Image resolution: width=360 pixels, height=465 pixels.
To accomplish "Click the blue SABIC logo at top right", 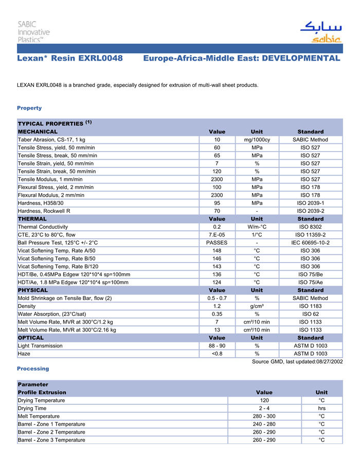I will pos(320,31).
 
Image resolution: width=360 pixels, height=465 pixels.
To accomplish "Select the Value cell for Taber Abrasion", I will pos(217,140).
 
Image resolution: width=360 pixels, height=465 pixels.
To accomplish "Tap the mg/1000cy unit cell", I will pos(257,140).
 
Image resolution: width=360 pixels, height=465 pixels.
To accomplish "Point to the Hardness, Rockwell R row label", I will pos(44,211).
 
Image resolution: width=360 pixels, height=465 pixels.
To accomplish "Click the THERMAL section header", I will pos(32,219).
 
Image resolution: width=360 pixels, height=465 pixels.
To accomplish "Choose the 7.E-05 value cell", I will pos(217,235).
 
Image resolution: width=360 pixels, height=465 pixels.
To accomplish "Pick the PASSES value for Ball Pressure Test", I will pos(217,243).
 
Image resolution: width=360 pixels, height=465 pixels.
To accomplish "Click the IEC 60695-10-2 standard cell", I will pos(310,243).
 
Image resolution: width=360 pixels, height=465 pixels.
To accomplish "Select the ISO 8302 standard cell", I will pos(310,227).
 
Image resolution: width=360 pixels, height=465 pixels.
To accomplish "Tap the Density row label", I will pos(27,306).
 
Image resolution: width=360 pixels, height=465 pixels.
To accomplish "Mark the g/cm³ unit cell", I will pos(257,306).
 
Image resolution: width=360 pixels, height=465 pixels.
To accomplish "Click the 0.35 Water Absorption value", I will pos(217,314).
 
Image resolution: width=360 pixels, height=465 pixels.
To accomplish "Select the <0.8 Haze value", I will pos(217,354).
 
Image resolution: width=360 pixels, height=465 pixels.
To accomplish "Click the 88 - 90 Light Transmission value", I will pos(217,346).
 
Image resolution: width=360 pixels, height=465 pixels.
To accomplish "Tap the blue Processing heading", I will pos(33,368).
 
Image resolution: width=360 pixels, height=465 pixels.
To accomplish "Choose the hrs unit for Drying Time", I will pos(321,408).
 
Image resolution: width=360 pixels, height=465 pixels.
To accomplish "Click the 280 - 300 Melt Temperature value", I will pos(264,416).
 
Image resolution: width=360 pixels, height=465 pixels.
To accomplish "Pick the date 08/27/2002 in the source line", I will pos(328,362).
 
